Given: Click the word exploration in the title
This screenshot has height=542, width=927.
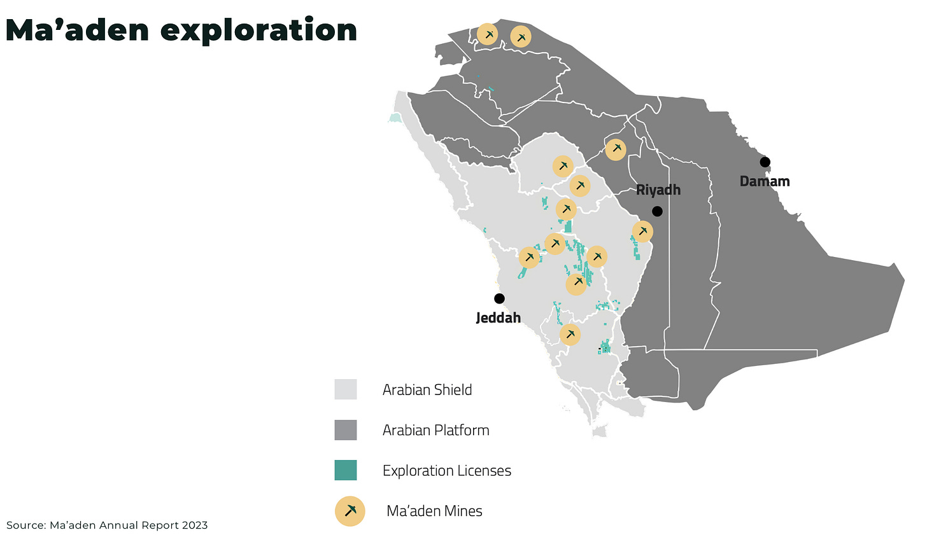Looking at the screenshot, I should (258, 31).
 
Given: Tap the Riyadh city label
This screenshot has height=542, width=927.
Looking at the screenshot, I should (658, 190).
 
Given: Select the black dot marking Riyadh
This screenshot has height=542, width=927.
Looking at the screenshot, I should (657, 211).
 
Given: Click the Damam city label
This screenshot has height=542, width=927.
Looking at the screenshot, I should (764, 181).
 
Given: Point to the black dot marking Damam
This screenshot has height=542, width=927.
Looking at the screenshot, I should (765, 162).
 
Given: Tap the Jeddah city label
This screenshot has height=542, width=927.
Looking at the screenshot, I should (498, 317).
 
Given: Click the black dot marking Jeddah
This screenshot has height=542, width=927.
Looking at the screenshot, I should (499, 298).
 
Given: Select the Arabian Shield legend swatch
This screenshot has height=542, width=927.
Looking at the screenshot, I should (345, 389).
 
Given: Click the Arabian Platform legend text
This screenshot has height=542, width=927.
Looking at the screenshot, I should (435, 430).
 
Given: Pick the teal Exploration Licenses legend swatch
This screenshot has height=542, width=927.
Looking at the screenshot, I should (345, 470).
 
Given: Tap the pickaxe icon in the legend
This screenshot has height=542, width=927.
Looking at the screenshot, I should (350, 511).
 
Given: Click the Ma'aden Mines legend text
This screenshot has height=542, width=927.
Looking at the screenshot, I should (434, 511).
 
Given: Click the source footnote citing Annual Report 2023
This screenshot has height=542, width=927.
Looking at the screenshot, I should (107, 525).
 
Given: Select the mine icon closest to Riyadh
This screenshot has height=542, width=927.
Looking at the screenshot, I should (642, 232).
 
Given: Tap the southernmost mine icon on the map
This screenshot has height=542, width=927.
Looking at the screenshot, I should (570, 335).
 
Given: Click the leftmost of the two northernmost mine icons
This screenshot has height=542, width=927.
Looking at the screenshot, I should (487, 34).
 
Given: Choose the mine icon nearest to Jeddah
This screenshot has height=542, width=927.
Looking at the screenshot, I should (529, 258).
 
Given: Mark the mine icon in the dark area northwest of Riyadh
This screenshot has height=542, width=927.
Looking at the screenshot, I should (616, 149).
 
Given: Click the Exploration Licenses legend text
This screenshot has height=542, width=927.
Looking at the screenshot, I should (446, 471).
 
